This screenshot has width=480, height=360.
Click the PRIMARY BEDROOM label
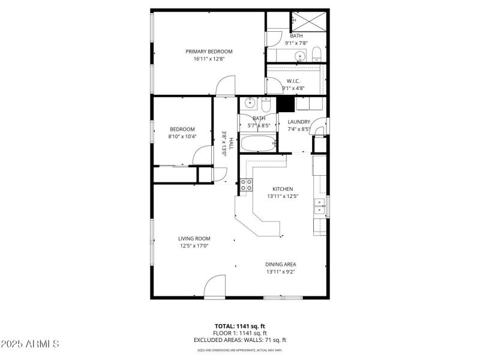click(208, 52)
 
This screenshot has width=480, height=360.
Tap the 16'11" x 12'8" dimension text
click(208, 59)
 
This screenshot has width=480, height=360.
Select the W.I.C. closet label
click(293, 81)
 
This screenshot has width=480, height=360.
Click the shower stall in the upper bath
click(310, 21)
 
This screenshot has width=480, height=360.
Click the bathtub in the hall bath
click(258, 144)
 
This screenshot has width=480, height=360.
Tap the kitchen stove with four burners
click(246, 185)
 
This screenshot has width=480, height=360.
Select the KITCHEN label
click(283, 188)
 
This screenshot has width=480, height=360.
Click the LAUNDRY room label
click(298, 122)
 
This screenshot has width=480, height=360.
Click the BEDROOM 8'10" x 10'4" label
click(182, 129)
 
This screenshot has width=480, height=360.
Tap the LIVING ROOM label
click(194, 238)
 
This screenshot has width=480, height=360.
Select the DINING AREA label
click(281, 264)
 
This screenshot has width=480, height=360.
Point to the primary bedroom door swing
click(226, 85)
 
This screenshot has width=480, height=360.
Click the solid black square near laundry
click(286, 104)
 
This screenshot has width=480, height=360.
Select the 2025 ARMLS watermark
click(30, 344)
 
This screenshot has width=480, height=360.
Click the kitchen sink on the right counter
click(319, 206)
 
